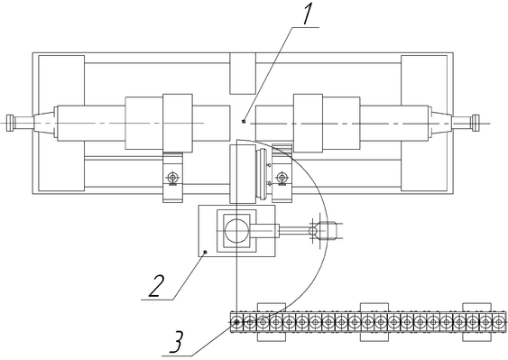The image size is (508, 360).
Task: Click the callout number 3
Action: [x=177, y=342]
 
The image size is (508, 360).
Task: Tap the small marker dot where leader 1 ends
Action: [x=244, y=122]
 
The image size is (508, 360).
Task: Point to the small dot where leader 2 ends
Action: [x=205, y=252]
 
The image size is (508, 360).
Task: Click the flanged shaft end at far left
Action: [x=10, y=123]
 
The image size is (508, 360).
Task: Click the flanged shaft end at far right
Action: [x=476, y=123]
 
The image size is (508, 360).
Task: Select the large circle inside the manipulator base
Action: [x=236, y=230]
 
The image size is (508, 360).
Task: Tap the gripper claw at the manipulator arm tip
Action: [x=326, y=230]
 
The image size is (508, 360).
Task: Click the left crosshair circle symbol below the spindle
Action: [x=172, y=178]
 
